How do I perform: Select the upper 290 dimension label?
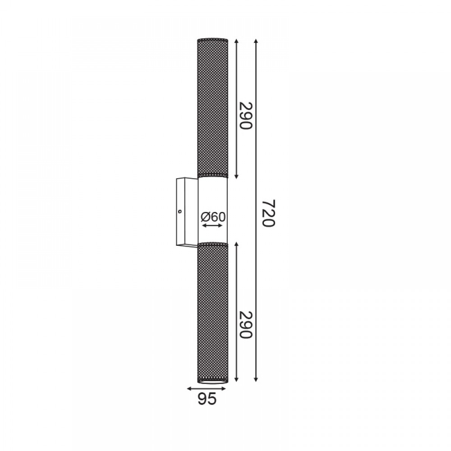click(x=246, y=115)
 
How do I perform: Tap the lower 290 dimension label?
click(x=246, y=324)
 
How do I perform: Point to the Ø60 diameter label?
click(x=213, y=217)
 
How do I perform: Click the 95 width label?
click(x=207, y=399)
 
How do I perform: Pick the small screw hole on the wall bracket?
click(x=180, y=212)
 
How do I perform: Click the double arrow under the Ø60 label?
click(x=212, y=225)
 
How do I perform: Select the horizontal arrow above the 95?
click(x=206, y=389)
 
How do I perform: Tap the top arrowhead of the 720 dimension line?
click(x=256, y=41)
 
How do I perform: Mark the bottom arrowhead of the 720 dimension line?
click(x=256, y=380)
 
